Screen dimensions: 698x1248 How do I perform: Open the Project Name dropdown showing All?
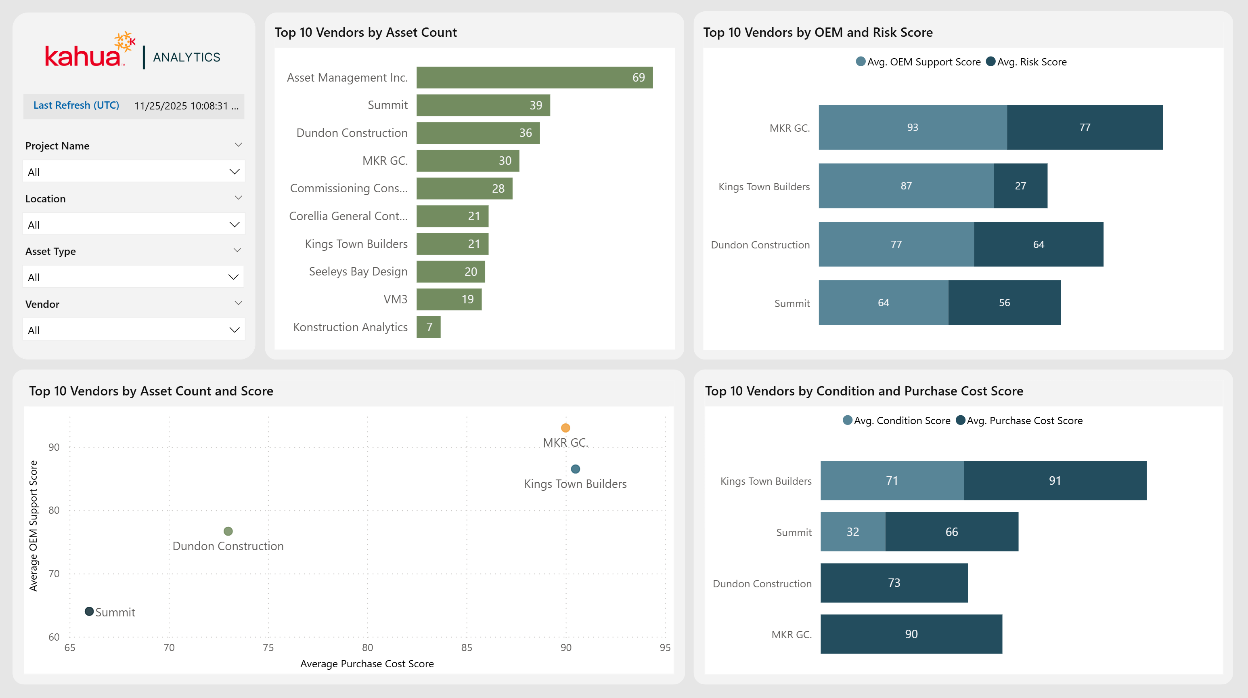133,172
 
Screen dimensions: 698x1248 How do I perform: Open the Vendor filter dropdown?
133,330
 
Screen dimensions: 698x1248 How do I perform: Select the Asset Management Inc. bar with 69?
534,78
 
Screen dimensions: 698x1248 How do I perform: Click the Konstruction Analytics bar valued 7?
428,327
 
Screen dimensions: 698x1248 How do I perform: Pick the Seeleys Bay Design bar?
450,272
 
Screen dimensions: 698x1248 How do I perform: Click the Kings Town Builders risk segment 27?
1020,186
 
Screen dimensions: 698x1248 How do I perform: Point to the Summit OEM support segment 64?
883,303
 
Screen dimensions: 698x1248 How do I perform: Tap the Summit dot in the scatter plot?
89,612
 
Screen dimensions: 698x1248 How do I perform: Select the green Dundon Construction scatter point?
228,531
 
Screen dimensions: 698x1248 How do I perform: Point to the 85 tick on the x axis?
466,648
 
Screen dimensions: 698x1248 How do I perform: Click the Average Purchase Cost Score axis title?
367,664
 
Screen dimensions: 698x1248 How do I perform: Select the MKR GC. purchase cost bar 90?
911,635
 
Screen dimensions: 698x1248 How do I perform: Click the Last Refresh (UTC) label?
76,105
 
